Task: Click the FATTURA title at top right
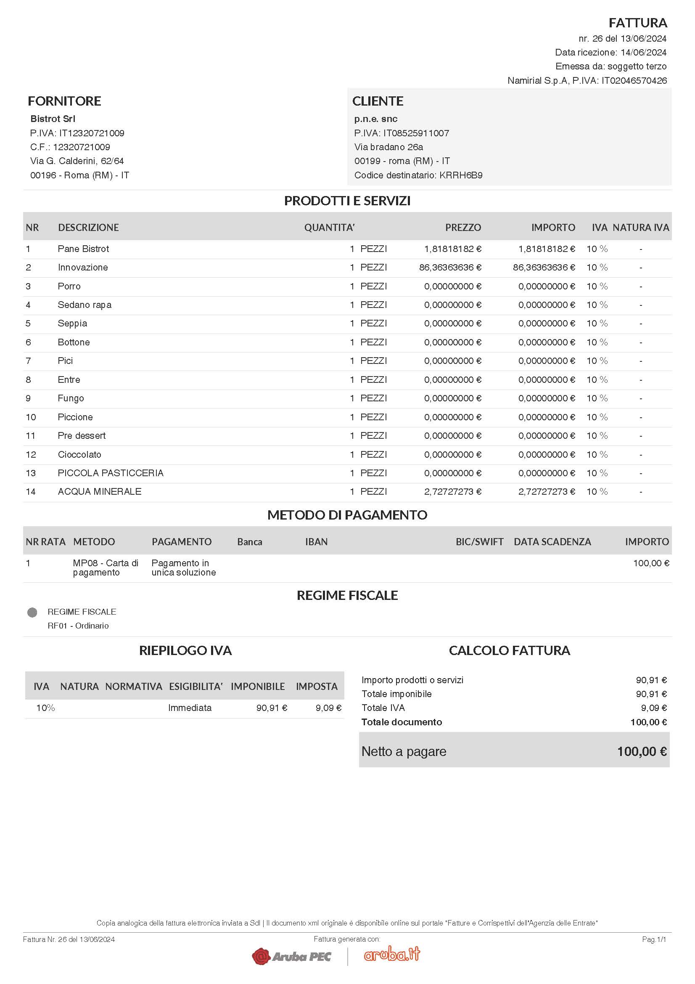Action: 638,22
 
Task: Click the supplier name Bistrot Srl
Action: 53,119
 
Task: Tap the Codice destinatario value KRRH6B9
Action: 461,175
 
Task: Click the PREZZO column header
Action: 463,228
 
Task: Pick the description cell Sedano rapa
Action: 85,305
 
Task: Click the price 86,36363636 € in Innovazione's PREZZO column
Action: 449,268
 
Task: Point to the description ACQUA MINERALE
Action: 99,491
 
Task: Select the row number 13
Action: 31,473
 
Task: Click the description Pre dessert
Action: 82,435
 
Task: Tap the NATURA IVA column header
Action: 641,228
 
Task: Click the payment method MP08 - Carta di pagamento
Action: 106,568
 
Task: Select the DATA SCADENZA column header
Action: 552,542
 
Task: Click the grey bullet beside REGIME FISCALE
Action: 32,613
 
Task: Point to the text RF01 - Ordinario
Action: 78,626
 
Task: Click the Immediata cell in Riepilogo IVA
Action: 190,708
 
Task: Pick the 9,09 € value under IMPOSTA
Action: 328,708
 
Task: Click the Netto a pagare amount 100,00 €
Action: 642,751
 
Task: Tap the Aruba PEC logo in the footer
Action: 292,956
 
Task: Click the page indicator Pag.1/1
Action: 653,939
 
